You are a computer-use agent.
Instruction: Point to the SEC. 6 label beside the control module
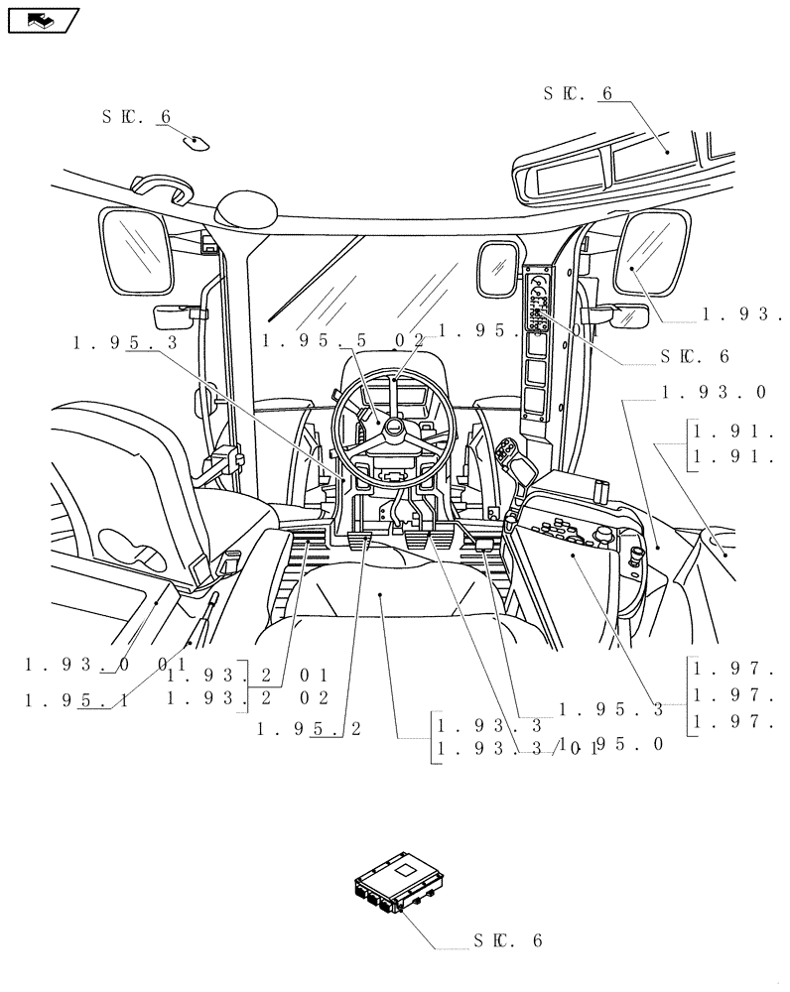507,939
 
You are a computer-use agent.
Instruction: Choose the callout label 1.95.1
77,700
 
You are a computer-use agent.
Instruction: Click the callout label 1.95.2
309,729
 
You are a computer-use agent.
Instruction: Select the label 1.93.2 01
248,676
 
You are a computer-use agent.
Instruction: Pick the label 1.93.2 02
248,698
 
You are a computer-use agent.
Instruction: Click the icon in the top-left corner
42,19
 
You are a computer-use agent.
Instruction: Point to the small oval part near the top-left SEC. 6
195,142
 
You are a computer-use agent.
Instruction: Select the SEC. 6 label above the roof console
579,93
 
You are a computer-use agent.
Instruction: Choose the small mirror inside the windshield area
496,267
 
